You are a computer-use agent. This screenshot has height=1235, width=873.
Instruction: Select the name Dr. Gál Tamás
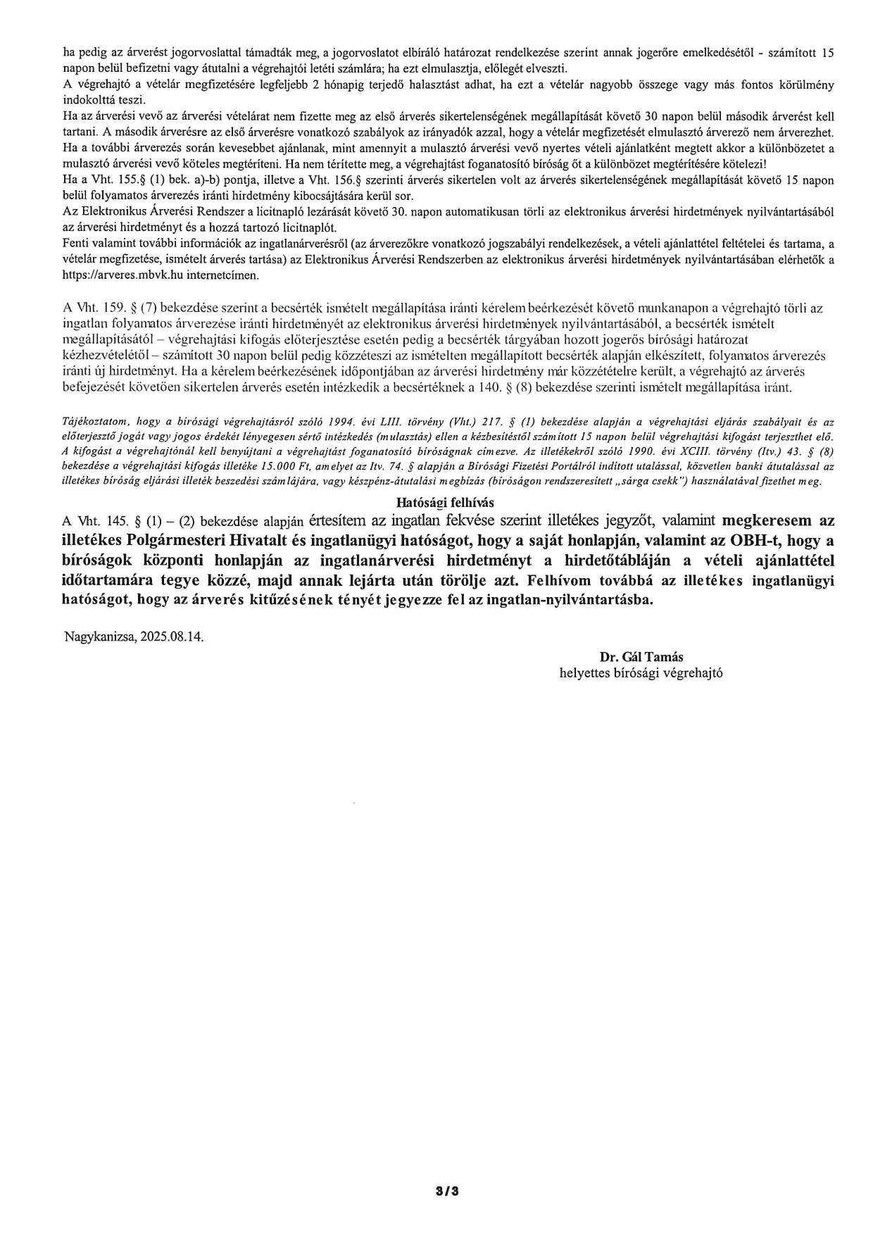[641, 657]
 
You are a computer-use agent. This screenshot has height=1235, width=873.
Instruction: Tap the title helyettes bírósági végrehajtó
[641, 672]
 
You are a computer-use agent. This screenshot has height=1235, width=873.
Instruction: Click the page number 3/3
[447, 1192]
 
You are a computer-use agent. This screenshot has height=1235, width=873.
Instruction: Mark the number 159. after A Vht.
[113, 308]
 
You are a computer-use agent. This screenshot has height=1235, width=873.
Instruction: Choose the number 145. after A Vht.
[112, 522]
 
